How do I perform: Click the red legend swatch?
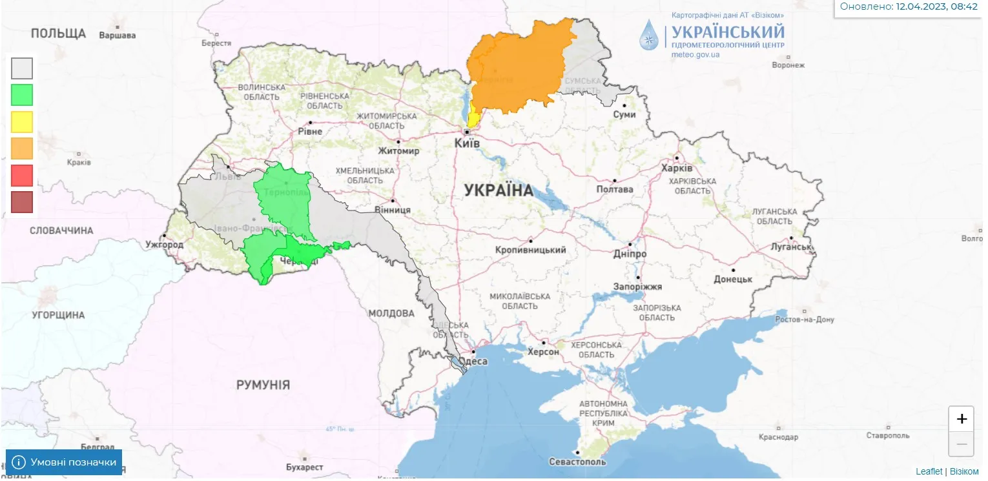[22, 175]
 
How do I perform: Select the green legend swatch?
[22, 95]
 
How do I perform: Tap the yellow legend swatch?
[22, 121]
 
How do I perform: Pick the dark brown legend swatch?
[22, 202]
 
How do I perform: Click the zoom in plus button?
[961, 419]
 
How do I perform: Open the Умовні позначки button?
[64, 462]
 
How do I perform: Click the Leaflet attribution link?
[929, 472]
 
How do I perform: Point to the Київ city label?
[468, 143]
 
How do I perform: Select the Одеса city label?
[476, 362]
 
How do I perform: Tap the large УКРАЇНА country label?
[499, 190]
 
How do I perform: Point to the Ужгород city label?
[165, 245]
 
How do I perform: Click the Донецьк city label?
[733, 280]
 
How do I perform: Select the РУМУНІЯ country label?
[263, 385]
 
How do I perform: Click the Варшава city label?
[117, 36]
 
